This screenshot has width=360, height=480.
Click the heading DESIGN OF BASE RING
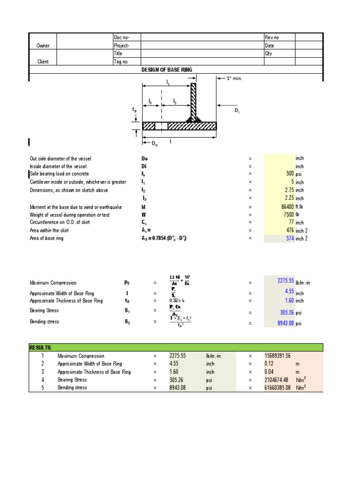(167, 70)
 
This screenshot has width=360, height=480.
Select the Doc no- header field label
(120, 37)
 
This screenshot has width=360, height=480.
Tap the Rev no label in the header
(272, 37)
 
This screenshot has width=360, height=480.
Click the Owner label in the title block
(43, 45)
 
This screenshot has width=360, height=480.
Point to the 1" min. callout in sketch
(234, 78)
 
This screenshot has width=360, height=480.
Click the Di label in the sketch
(237, 111)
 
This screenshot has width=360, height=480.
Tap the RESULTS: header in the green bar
(41, 347)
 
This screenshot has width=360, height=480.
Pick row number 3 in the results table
(42, 372)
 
